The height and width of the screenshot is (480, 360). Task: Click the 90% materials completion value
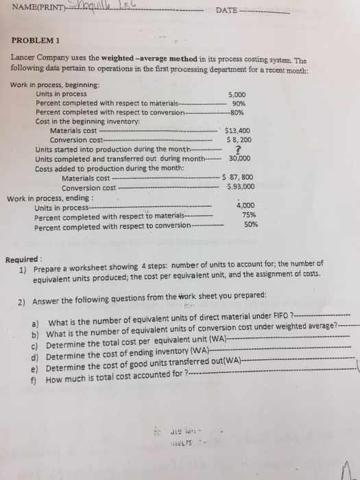pyautogui.click(x=239, y=103)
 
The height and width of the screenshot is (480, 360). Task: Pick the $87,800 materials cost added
pyautogui.click(x=241, y=177)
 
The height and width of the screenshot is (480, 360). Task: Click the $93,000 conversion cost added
pyautogui.click(x=241, y=186)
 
